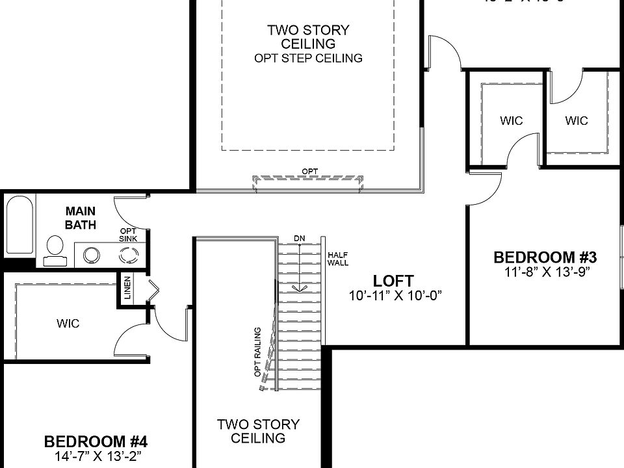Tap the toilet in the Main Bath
click(x=55, y=250)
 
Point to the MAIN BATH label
click(x=81, y=218)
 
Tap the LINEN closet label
click(x=127, y=289)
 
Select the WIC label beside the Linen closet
click(x=68, y=323)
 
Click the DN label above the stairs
click(x=299, y=239)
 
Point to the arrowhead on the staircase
click(x=299, y=289)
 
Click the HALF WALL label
click(x=338, y=259)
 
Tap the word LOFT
click(x=393, y=281)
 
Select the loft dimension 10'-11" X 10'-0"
click(x=395, y=296)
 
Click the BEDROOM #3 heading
click(x=545, y=257)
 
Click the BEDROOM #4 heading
click(x=96, y=442)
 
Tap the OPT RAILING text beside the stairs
click(x=257, y=351)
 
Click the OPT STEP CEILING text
click(x=308, y=58)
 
